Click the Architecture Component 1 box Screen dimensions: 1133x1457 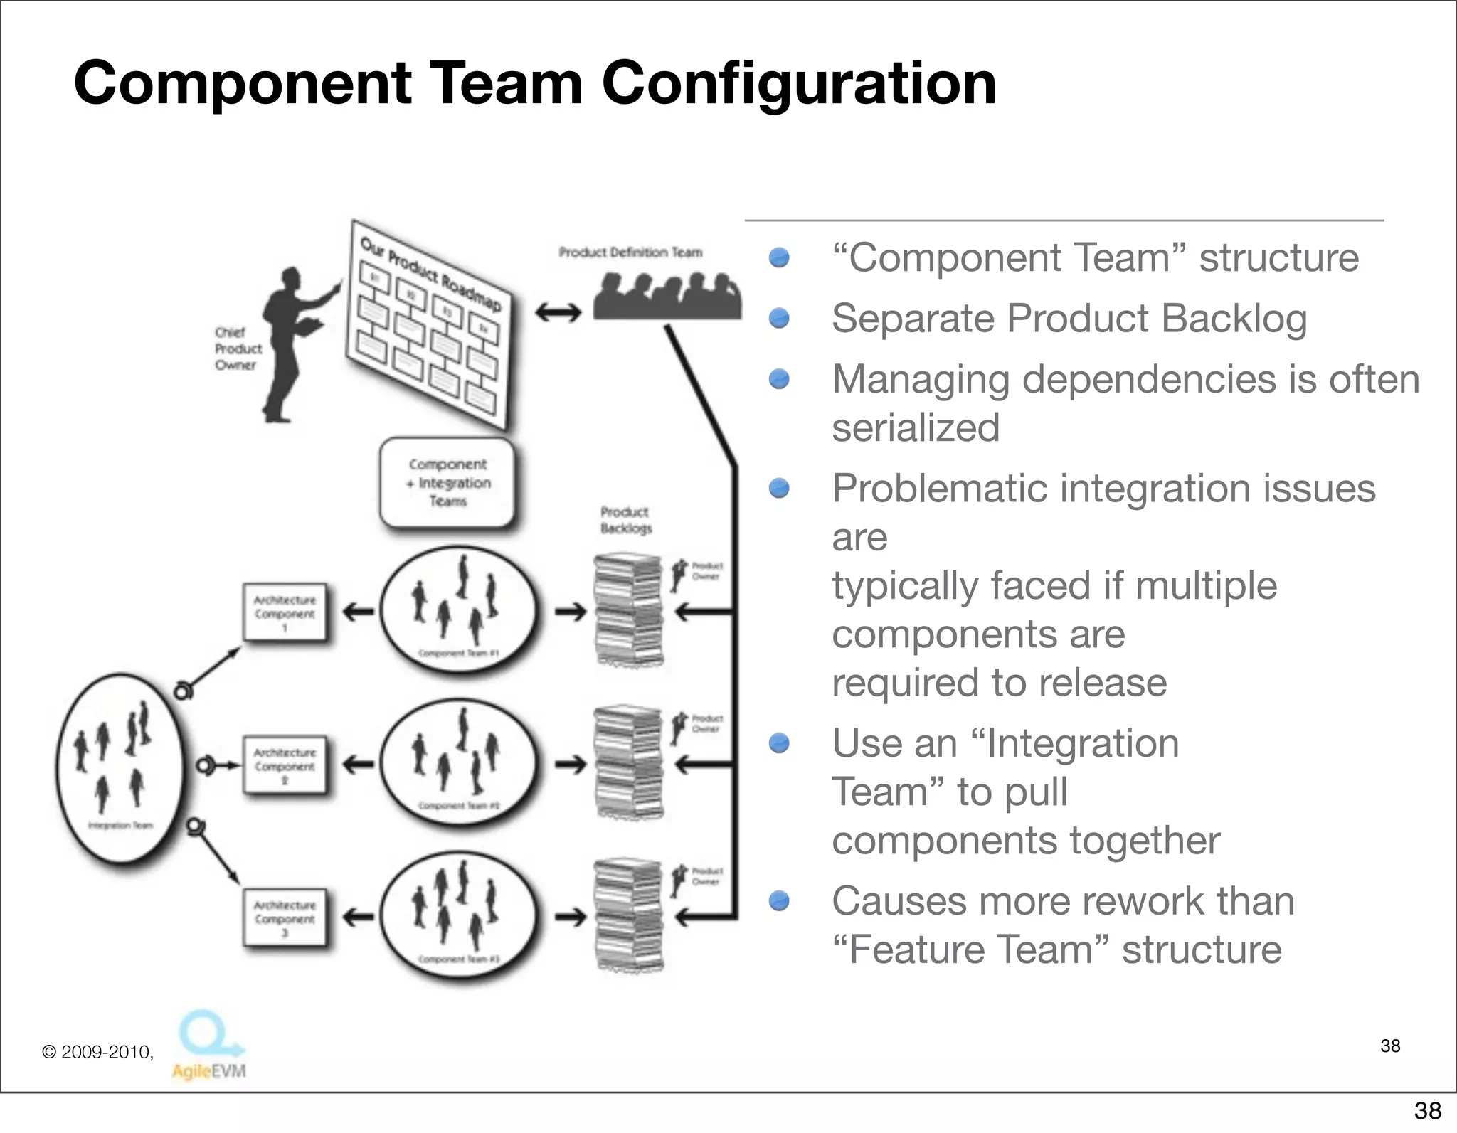coord(285,612)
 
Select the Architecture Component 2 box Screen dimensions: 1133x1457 coord(285,765)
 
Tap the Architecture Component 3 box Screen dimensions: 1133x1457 coord(285,917)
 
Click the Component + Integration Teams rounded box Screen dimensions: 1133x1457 coord(447,482)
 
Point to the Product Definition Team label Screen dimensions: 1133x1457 coord(630,252)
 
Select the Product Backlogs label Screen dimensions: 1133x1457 coord(625,520)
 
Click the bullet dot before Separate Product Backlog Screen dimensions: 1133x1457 coord(780,318)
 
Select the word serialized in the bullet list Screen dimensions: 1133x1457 coord(916,428)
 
